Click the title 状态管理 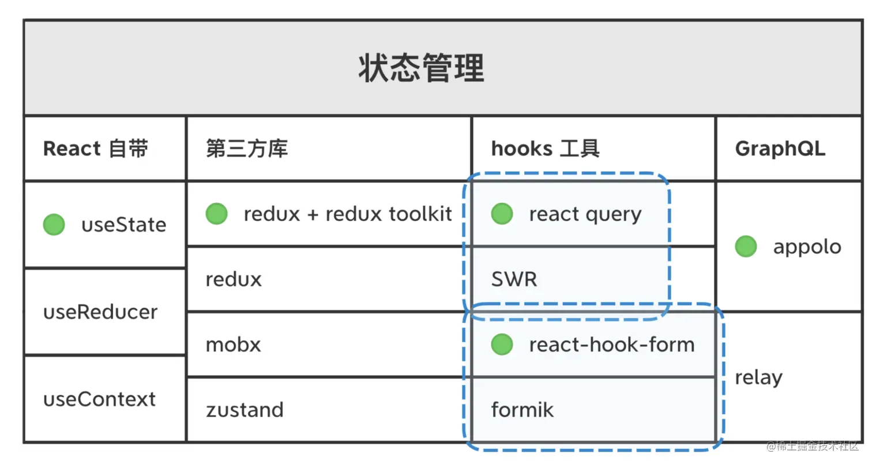point(421,69)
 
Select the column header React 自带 point(96,149)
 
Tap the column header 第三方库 point(247,149)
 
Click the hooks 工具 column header point(545,149)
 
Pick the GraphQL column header point(780,149)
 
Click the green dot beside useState point(54,224)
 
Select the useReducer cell point(100,312)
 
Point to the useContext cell point(99,399)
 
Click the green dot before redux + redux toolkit point(216,214)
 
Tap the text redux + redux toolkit point(348,214)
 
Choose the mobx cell point(234,345)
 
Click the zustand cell point(245,410)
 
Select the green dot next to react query point(502,214)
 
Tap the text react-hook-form point(611,345)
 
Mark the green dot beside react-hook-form point(502,345)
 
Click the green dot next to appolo point(746,247)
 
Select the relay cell point(758,377)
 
